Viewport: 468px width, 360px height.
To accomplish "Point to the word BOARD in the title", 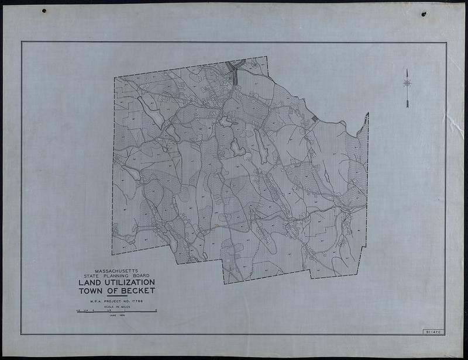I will pos(140,275).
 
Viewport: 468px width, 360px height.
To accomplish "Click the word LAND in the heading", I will pos(90,282).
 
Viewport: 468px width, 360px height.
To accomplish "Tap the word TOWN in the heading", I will pos(90,290).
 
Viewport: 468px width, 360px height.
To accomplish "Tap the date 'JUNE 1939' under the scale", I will pos(117,315).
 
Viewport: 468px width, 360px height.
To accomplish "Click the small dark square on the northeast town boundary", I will pos(315,119).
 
